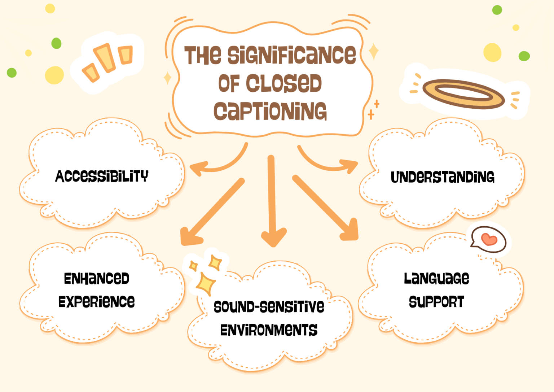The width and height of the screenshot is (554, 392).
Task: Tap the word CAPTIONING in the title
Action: point(270,111)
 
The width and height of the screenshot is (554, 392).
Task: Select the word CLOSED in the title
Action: point(284,83)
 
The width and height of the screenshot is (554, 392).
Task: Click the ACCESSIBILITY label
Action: point(102,176)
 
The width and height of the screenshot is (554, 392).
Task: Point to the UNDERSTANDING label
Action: point(443,177)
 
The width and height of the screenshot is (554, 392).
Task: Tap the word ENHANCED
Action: point(97,279)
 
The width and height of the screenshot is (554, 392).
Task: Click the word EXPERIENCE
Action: point(97,302)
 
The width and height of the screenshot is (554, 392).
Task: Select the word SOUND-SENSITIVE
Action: point(269,307)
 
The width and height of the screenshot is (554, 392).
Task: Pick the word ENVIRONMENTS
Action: point(269,330)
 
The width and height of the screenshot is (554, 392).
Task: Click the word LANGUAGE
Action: point(436,278)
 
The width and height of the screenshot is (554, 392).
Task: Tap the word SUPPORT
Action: point(436,302)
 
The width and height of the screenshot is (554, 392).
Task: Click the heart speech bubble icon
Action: point(489,239)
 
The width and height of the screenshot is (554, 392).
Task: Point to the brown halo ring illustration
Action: point(463,94)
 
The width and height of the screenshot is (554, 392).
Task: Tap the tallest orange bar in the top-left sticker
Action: point(106,58)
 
